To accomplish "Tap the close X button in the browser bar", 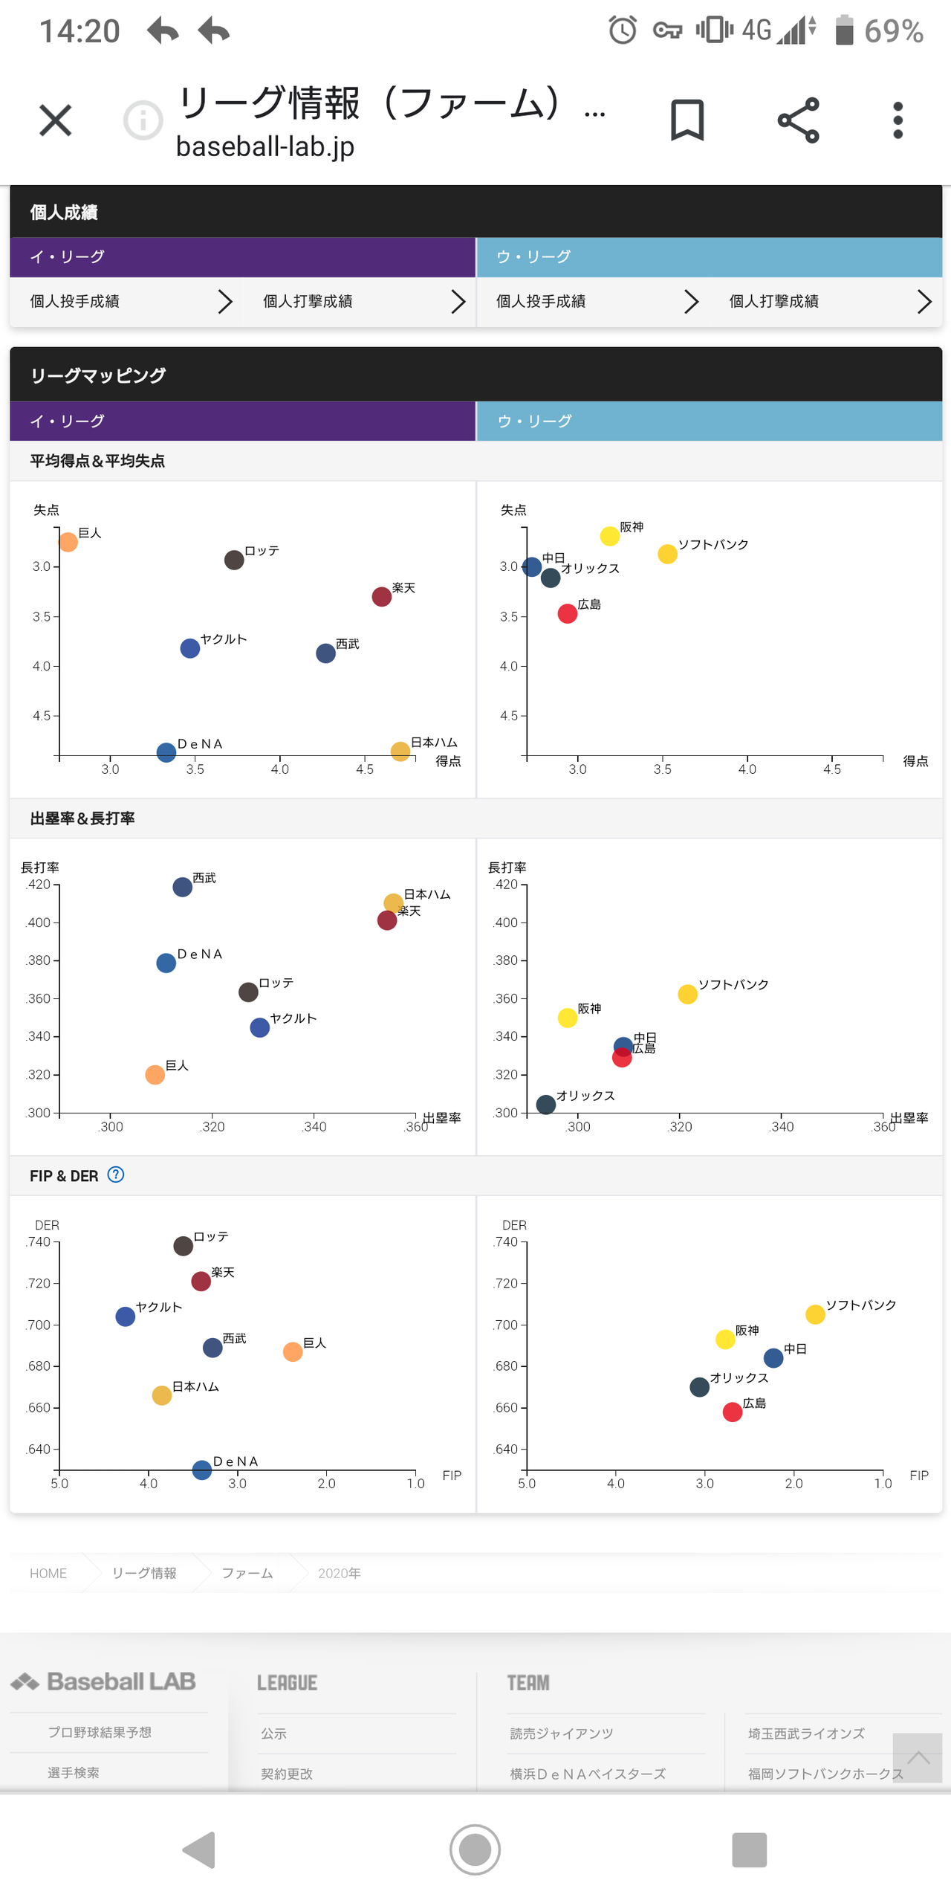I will click(x=55, y=120).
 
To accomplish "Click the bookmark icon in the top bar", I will click(x=687, y=120).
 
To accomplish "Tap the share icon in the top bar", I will click(x=798, y=120).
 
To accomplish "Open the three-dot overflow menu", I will click(x=898, y=120).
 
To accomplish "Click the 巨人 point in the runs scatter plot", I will click(x=68, y=542).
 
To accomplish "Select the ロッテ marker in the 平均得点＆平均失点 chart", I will click(x=234, y=560).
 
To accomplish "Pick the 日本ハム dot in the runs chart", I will click(x=400, y=751).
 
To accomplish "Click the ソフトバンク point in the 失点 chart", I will click(x=667, y=554).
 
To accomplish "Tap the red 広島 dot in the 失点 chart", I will click(x=568, y=613).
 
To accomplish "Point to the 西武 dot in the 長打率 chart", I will click(x=182, y=887).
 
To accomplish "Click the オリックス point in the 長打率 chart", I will click(x=546, y=1105).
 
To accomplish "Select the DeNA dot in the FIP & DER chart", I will click(x=201, y=1470).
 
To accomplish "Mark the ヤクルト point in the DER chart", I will click(x=126, y=1316).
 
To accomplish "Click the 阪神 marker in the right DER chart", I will click(x=725, y=1339).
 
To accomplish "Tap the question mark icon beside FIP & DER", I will click(x=116, y=1175).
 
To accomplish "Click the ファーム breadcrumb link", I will click(x=247, y=1573).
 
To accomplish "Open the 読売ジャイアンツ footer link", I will click(x=562, y=1734).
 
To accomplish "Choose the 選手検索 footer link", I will click(x=74, y=1773).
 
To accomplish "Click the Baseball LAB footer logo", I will click(x=104, y=1681).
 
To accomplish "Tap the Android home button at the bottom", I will click(x=475, y=1849).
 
